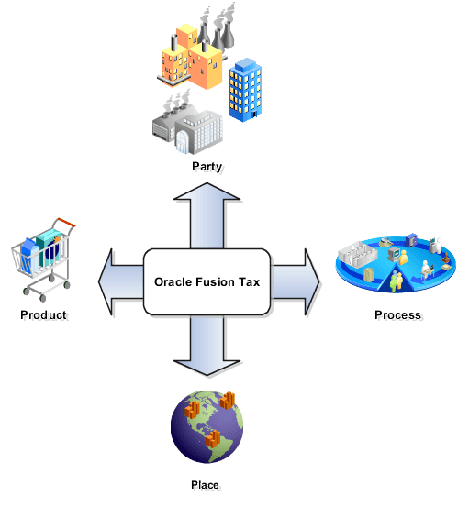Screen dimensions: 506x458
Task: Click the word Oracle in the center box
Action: pos(170,282)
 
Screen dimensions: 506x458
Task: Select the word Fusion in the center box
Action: pos(213,282)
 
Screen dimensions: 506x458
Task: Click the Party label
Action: pos(208,168)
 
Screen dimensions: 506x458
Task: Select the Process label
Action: pos(398,315)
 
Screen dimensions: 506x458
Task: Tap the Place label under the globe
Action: pos(206,484)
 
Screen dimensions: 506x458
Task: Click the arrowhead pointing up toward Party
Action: pos(207,193)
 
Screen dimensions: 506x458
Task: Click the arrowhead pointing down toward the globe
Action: pos(207,369)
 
